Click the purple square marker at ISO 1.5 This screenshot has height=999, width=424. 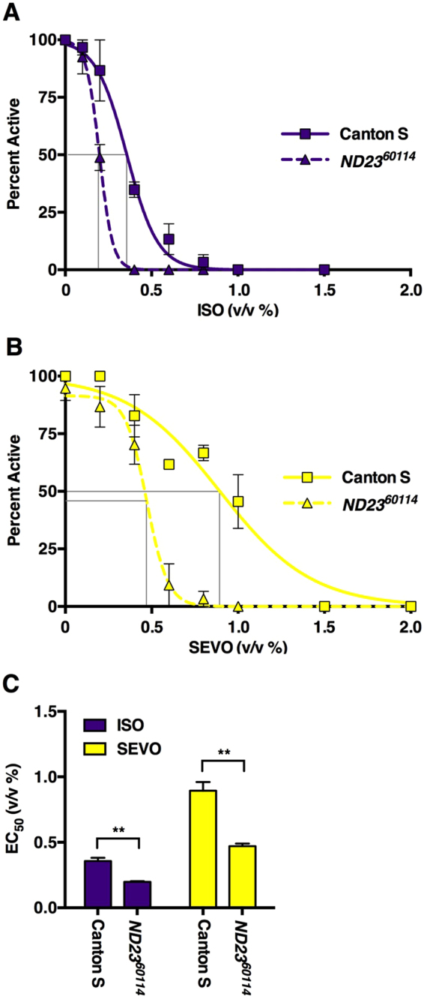[324, 269]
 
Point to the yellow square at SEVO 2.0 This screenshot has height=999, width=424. [411, 606]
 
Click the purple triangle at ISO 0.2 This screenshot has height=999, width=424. [100, 158]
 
